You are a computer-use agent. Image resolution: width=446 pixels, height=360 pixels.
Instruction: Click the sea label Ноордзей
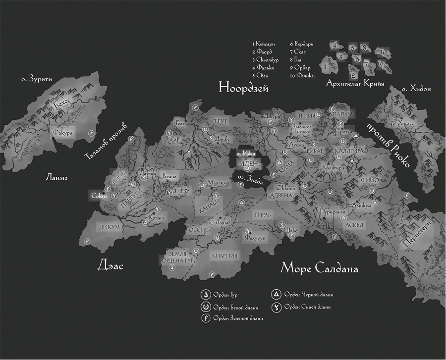[243, 89]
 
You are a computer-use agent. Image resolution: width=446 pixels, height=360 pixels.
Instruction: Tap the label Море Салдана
[319, 268]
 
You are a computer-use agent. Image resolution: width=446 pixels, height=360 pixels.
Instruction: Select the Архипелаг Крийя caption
[355, 83]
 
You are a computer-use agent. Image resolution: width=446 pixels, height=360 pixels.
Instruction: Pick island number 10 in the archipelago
[382, 52]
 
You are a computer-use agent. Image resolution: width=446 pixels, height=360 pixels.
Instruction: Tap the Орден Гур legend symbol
[204, 295]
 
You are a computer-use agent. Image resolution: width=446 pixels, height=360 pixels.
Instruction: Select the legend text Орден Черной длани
[308, 295]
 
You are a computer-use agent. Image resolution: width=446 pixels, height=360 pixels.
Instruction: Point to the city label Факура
[63, 132]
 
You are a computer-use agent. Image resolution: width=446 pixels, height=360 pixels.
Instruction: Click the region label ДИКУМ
[110, 227]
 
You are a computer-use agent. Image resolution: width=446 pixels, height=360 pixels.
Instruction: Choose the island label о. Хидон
[416, 89]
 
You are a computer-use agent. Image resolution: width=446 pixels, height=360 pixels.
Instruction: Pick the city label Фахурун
[255, 238]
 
